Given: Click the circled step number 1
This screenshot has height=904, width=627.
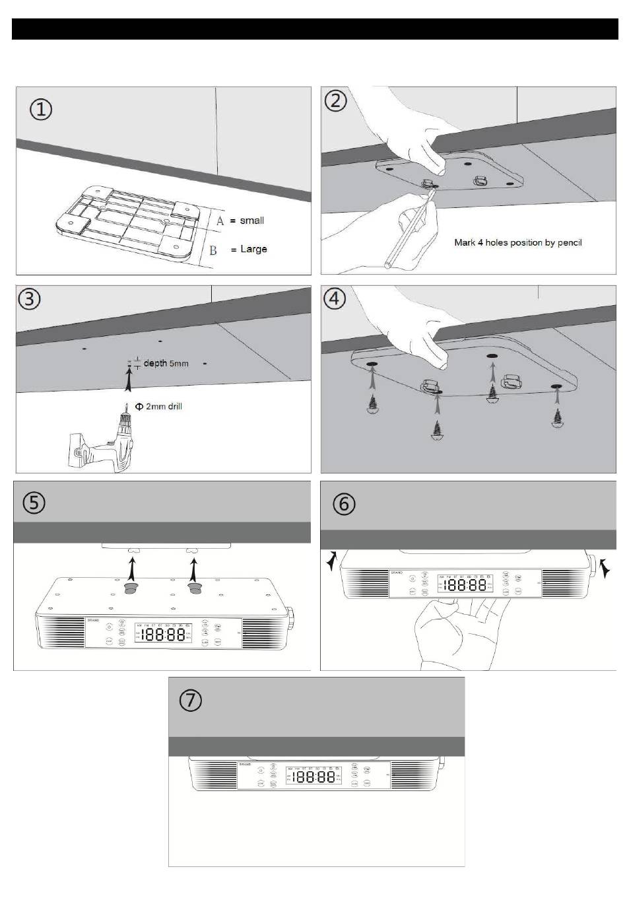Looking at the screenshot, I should click(41, 109).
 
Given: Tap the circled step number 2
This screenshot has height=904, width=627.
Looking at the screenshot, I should click(336, 101).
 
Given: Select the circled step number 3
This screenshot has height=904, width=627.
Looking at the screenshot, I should click(30, 298).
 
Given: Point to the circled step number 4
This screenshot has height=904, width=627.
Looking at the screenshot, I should click(335, 298).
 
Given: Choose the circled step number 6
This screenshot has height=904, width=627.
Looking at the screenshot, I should click(343, 504).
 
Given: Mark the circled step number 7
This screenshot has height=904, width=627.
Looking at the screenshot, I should click(191, 699).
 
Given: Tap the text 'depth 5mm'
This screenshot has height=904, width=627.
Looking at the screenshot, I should click(166, 364).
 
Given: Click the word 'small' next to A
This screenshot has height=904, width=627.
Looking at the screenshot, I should click(251, 221).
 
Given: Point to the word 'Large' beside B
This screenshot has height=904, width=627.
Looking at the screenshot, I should click(253, 249).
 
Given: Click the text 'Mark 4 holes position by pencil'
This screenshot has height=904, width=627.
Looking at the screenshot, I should click(517, 242).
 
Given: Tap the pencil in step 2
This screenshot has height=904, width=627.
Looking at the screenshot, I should click(408, 228).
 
